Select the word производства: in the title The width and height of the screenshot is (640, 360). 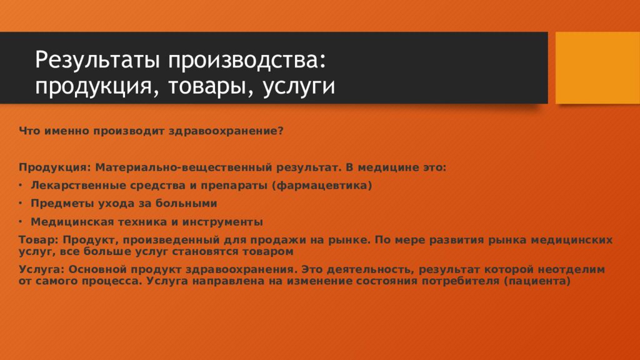pos(245,61)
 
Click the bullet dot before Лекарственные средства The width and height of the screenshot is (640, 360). pos(21,186)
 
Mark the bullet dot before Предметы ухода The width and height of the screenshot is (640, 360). pos(21,204)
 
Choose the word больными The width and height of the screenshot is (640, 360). pos(188,204)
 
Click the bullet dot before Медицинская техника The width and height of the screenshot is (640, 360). pos(21,222)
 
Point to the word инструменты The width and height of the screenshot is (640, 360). pos(223,222)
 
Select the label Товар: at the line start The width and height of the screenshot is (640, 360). pos(38,240)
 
